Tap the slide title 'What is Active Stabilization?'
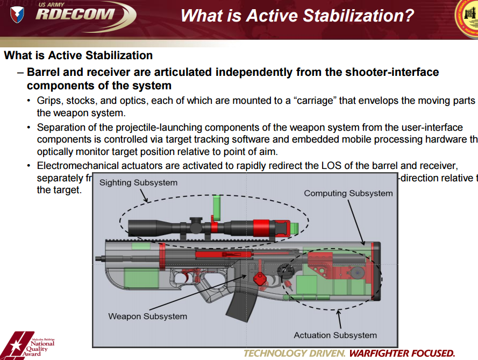pos(297,15)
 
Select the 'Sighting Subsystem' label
pos(138,183)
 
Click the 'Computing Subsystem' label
pos(348,193)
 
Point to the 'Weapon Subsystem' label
pos(147,316)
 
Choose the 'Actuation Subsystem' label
pos(335,335)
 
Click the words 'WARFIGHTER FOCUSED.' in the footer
pos(402,354)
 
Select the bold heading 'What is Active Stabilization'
pos(79,55)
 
